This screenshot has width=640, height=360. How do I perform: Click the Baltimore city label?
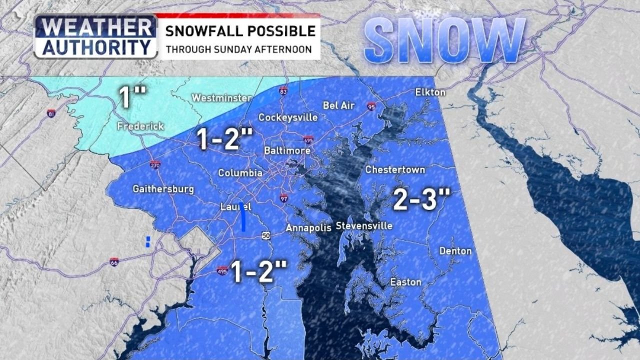(x=287, y=150)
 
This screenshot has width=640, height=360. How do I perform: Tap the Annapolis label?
(x=308, y=228)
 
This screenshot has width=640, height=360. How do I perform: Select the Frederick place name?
(x=140, y=126)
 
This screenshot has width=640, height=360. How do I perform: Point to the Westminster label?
(x=222, y=98)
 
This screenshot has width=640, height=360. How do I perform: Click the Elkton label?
(x=430, y=92)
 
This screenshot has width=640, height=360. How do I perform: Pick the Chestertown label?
(x=395, y=170)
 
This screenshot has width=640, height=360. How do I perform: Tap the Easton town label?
(x=405, y=282)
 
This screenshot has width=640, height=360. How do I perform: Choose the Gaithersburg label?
(x=163, y=189)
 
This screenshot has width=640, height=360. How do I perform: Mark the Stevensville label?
(x=364, y=226)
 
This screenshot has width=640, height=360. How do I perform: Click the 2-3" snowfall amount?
(x=419, y=199)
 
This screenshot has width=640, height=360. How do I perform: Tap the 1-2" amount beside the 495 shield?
(x=258, y=272)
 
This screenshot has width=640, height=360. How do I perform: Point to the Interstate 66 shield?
(x=114, y=261)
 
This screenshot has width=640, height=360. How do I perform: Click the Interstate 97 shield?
(x=283, y=197)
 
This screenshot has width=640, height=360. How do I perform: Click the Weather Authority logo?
(x=95, y=36)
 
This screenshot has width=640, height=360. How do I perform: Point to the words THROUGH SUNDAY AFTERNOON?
(x=239, y=50)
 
